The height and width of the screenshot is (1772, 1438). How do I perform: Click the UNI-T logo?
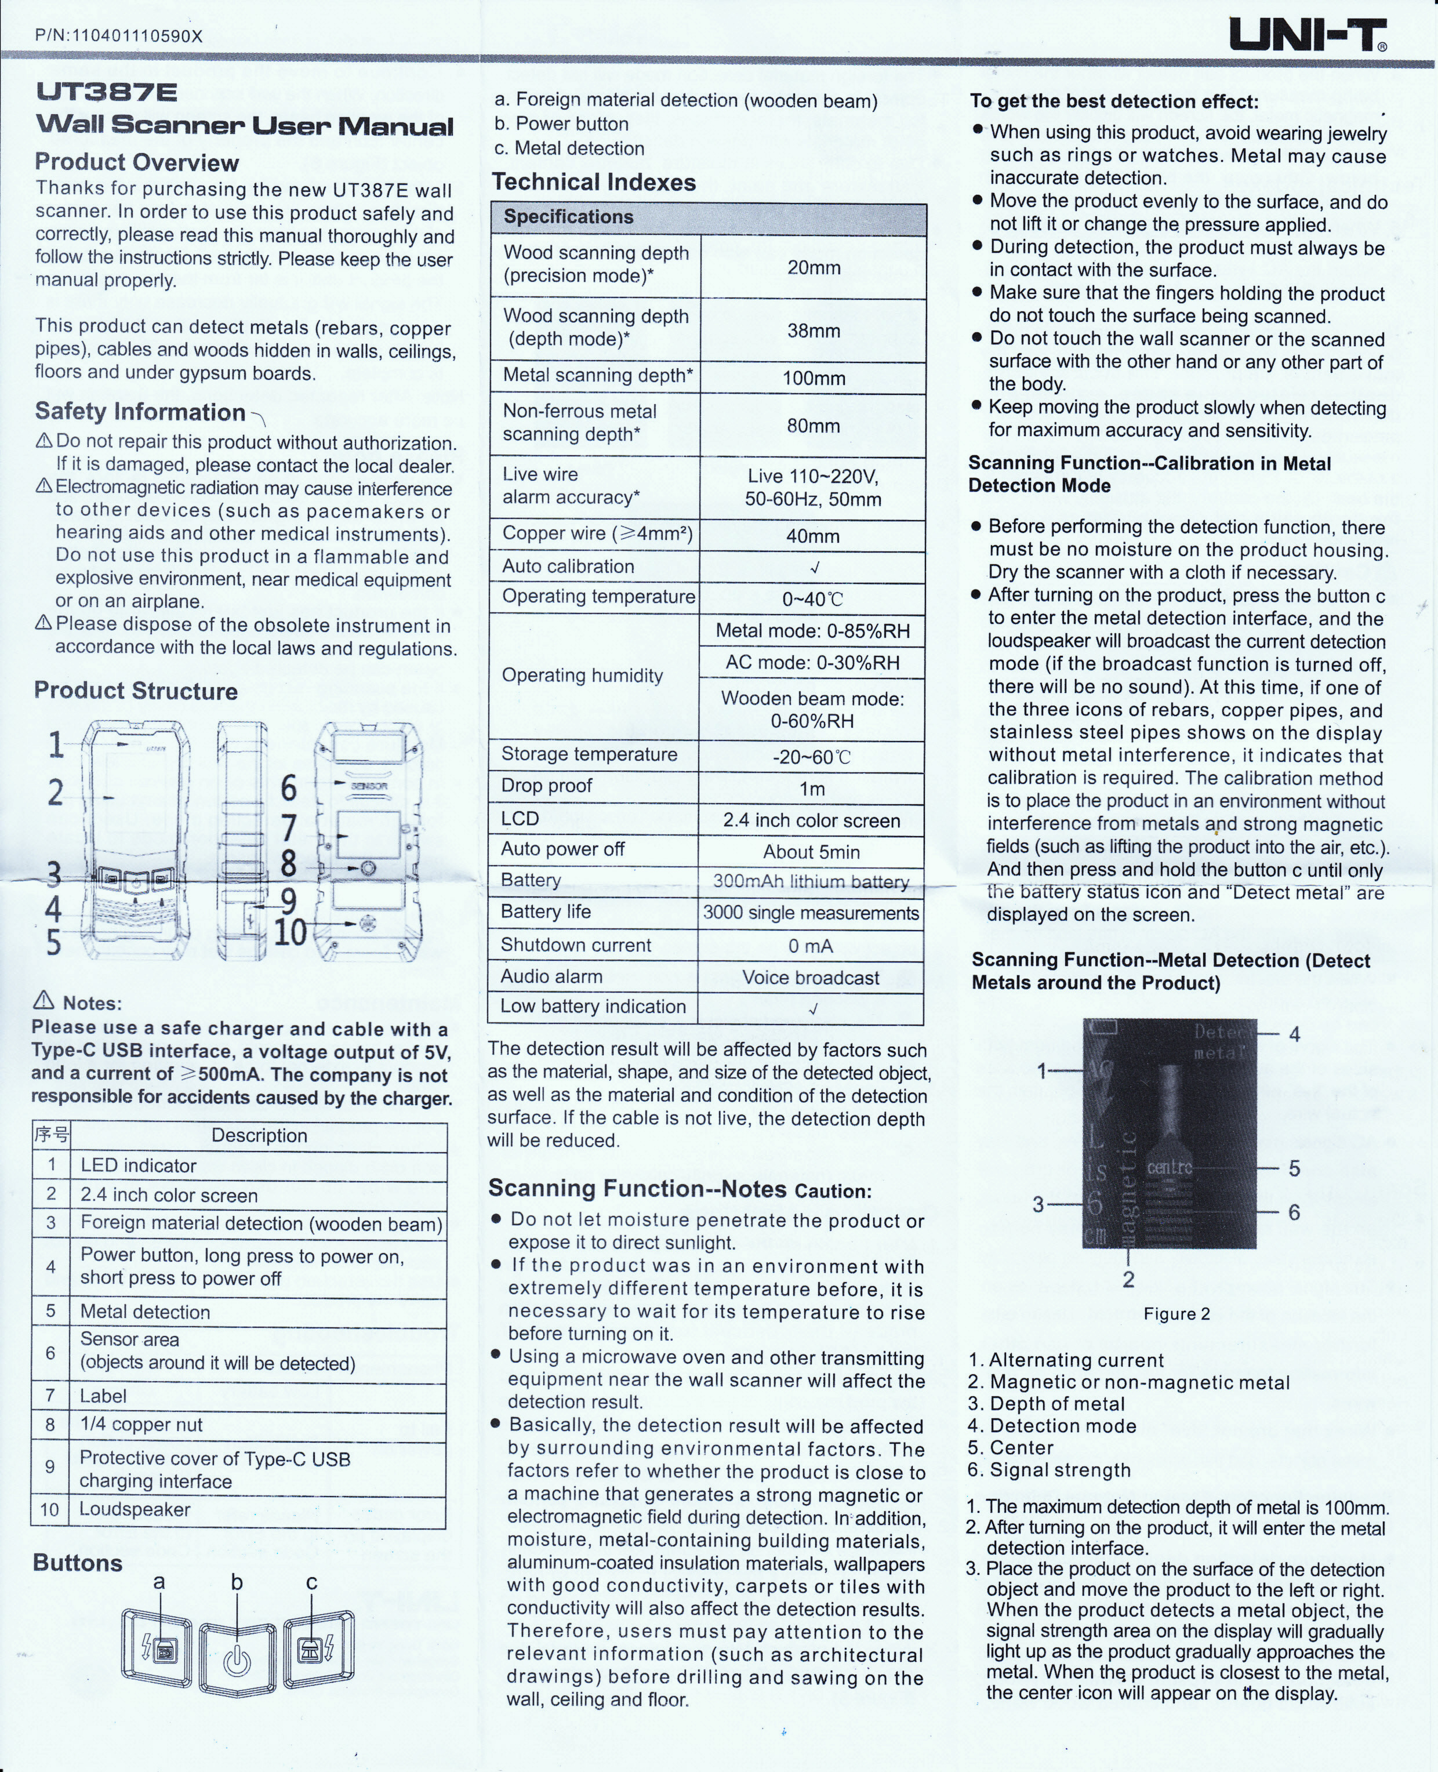1307,35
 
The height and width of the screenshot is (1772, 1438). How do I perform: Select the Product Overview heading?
137,162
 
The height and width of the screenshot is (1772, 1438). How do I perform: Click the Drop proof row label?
547,785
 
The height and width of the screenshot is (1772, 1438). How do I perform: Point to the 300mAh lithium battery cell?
811,881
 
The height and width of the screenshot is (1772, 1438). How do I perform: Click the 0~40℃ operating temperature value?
812,599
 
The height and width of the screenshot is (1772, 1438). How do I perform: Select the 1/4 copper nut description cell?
141,1424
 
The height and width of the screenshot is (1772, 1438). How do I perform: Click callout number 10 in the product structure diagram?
290,932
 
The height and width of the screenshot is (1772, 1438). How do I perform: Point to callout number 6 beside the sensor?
288,788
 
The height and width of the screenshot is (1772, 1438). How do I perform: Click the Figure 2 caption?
1176,1314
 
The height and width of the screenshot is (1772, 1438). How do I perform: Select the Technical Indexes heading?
593,182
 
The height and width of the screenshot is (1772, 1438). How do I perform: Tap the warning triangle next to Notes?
43,1001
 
